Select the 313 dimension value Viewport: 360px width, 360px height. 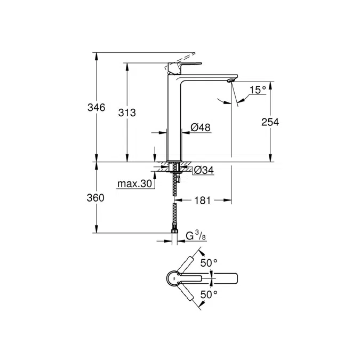[x=127, y=113]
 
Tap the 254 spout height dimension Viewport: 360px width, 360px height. [x=270, y=122]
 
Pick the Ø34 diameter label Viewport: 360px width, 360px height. [x=203, y=170]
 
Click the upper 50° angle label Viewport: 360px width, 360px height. [x=209, y=262]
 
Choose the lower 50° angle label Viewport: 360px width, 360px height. [x=209, y=294]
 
